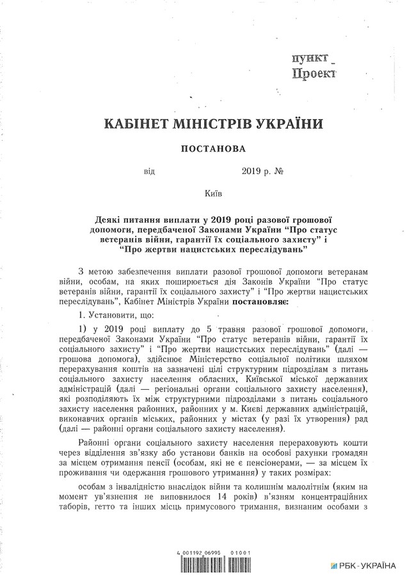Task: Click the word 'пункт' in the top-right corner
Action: click(x=309, y=59)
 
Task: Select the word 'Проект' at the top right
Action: click(x=314, y=74)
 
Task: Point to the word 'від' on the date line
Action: click(x=149, y=172)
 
